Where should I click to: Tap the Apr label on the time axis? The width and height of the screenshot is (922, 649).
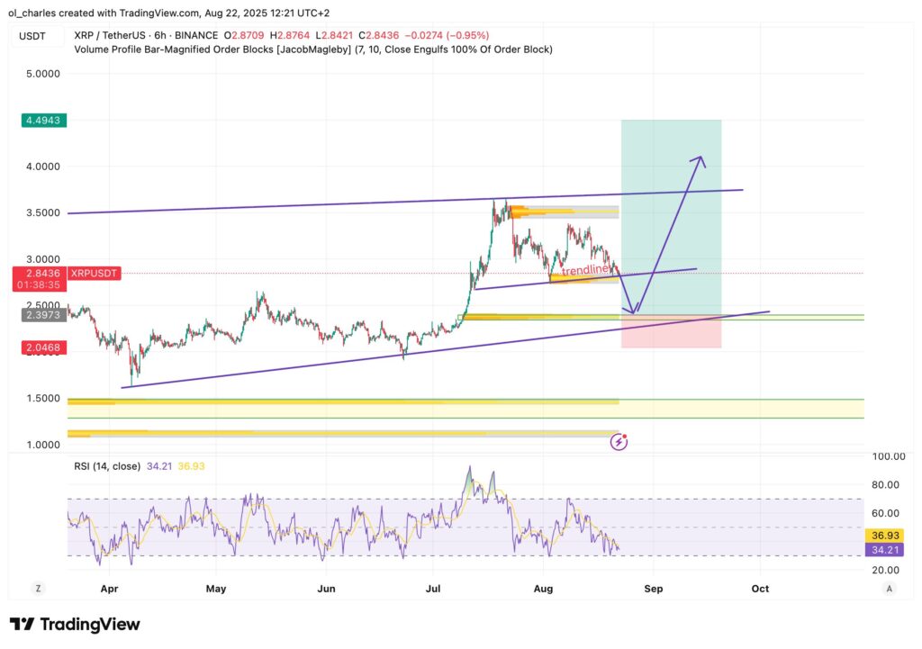[x=110, y=588]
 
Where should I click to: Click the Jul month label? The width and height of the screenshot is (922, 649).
[x=433, y=588]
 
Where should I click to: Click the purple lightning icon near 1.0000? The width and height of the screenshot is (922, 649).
[x=619, y=441]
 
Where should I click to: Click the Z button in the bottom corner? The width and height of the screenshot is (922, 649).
[x=39, y=588]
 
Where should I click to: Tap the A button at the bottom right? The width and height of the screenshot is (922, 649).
[x=889, y=588]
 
